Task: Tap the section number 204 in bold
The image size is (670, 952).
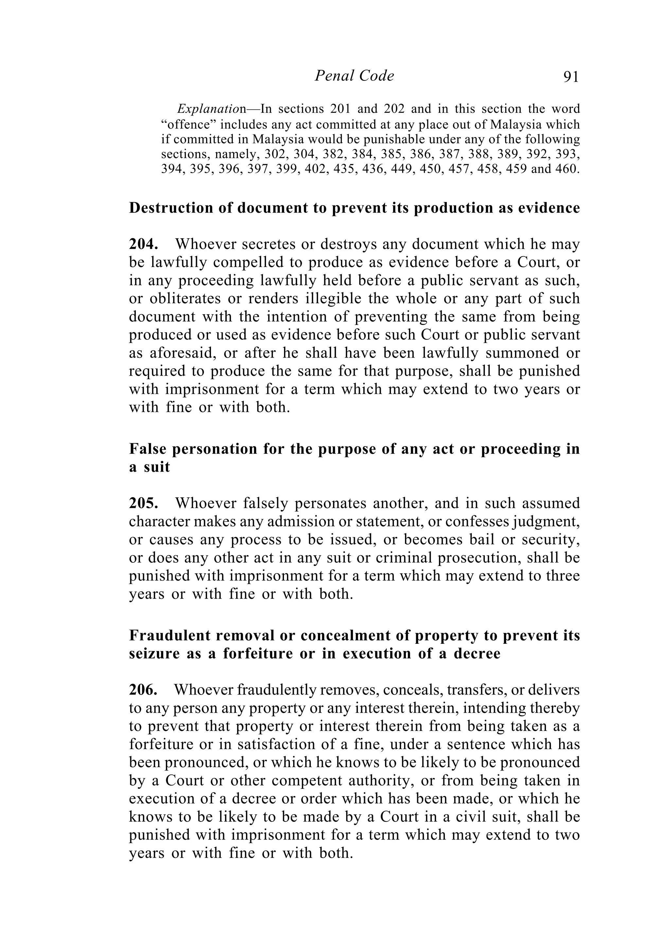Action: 143,244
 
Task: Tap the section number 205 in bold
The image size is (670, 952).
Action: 143,503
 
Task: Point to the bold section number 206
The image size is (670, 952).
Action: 143,690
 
